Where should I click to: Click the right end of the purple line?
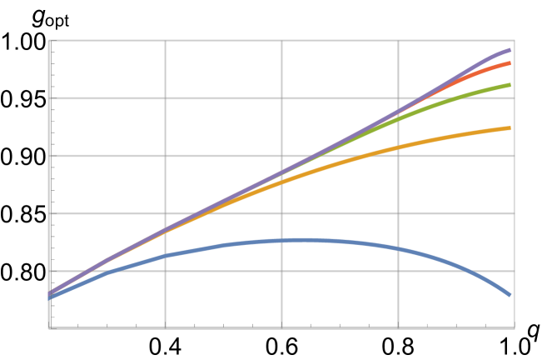click(510, 50)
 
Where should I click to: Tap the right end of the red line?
click(510, 62)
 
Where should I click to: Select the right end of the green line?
click(510, 84)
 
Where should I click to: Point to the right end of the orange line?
click(510, 127)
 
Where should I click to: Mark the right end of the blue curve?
click(510, 295)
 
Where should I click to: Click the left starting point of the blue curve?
click(50, 297)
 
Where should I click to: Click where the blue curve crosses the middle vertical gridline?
click(282, 241)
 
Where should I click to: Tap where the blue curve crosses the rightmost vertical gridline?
click(399, 248)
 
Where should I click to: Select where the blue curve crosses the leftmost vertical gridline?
click(166, 256)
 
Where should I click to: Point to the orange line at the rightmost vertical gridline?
click(399, 147)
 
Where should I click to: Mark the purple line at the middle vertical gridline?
click(282, 173)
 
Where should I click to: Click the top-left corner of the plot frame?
click(50, 40)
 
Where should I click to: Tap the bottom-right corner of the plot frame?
click(514, 327)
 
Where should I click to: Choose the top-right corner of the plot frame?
click(514, 40)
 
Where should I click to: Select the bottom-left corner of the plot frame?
click(50, 327)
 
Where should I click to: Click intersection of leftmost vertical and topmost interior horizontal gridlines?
click(166, 98)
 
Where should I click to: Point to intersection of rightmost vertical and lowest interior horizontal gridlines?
click(399, 271)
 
